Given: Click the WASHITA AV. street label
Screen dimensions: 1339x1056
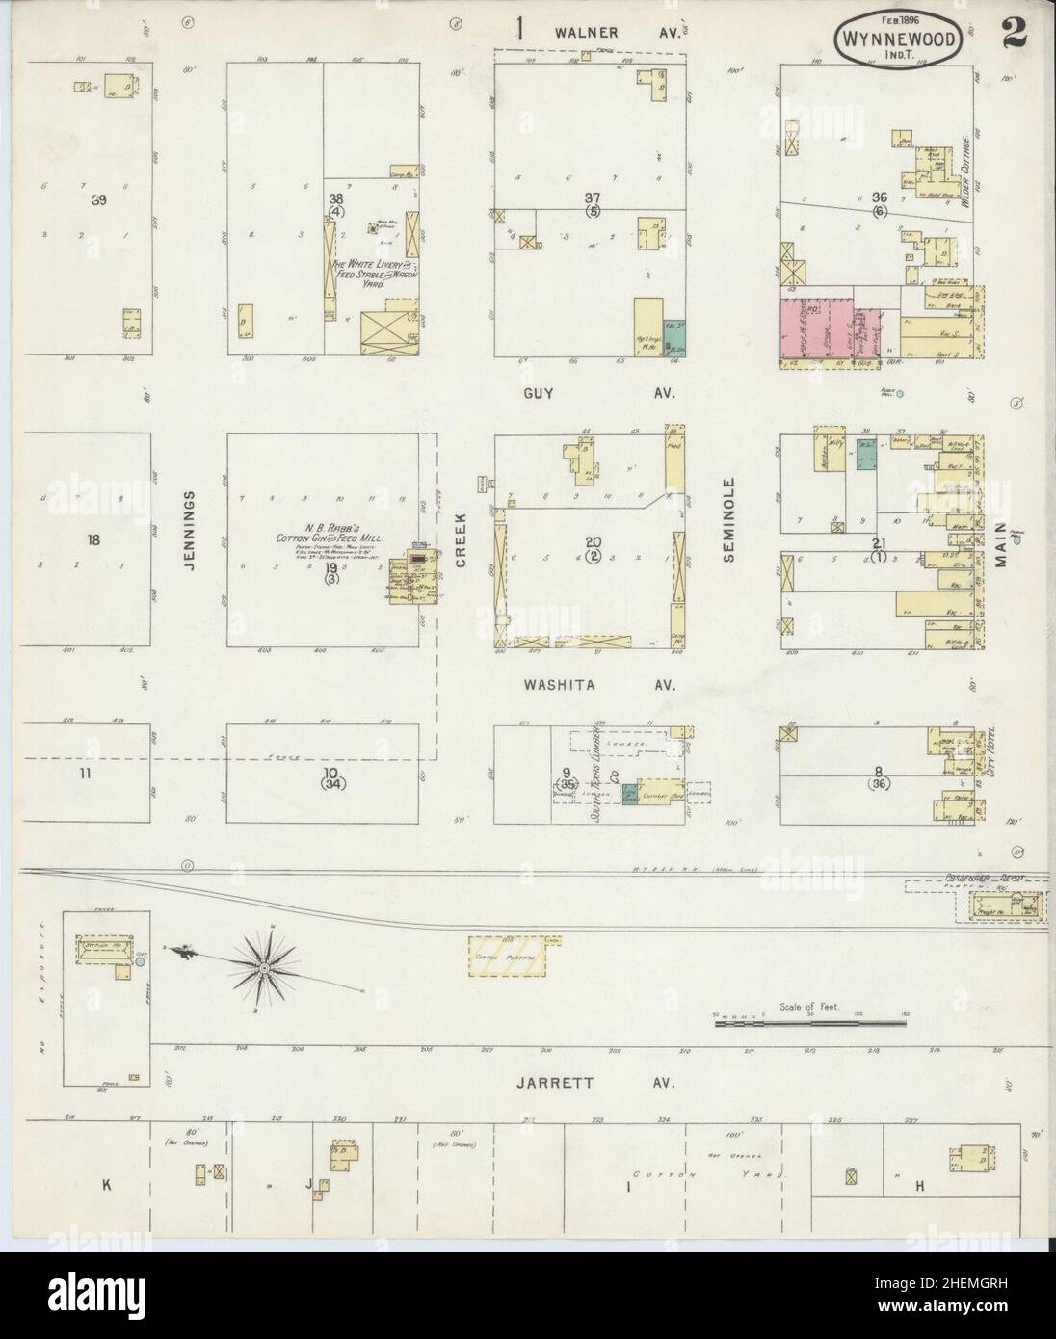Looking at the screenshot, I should pyautogui.click(x=598, y=685).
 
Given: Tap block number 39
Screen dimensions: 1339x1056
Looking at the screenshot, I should pyautogui.click(x=97, y=200).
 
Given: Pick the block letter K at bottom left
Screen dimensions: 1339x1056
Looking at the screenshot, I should pyautogui.click(x=107, y=1186).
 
